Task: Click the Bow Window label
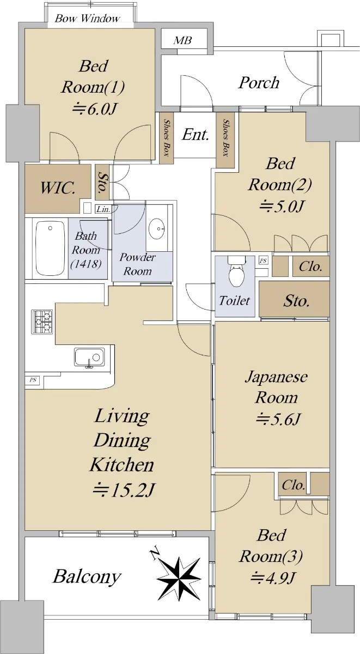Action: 87,19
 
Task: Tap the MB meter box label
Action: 182,40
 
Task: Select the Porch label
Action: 259,83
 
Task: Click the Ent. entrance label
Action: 196,135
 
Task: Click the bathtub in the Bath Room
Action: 50,248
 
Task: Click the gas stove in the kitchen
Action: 42,322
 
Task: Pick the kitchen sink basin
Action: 89,357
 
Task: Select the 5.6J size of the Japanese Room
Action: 278,420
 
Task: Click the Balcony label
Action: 87,577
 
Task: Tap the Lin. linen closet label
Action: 103,209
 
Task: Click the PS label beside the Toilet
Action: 264,261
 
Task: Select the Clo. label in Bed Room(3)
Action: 293,485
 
